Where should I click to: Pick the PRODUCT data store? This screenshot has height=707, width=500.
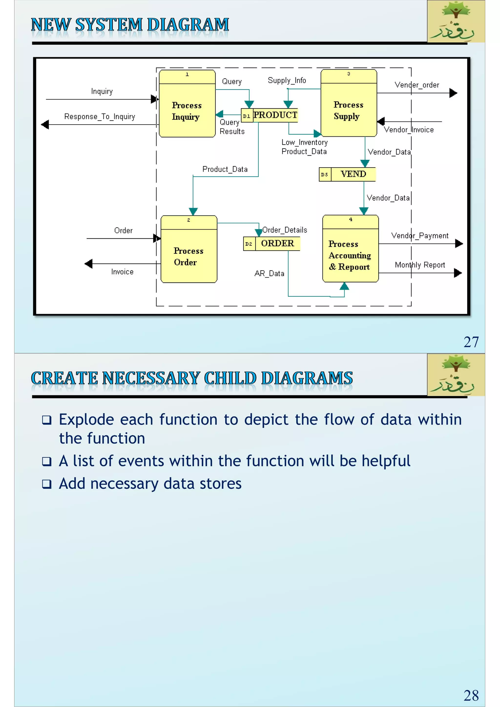pyautogui.click(x=275, y=115)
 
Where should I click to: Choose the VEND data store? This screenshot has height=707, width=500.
pyautogui.click(x=353, y=174)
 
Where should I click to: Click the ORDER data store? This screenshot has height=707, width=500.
pyautogui.click(x=277, y=244)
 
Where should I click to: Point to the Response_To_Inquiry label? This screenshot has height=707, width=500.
pyautogui.click(x=99, y=116)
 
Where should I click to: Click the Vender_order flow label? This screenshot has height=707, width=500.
pyautogui.click(x=417, y=85)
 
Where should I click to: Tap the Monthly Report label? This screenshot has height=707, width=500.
pyautogui.click(x=420, y=265)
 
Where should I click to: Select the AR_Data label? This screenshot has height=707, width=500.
pyautogui.click(x=269, y=273)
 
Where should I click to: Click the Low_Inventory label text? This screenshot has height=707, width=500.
pyautogui.click(x=304, y=142)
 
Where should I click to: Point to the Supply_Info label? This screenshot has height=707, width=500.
pyautogui.click(x=287, y=80)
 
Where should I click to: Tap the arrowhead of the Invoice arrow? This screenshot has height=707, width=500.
pyautogui.click(x=89, y=264)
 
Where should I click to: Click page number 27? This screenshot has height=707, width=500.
pyautogui.click(x=471, y=342)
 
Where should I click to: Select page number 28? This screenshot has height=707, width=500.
pyautogui.click(x=471, y=695)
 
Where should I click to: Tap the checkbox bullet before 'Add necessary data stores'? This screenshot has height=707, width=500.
pyautogui.click(x=47, y=484)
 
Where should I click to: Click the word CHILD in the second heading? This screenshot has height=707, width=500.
pyautogui.click(x=230, y=378)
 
